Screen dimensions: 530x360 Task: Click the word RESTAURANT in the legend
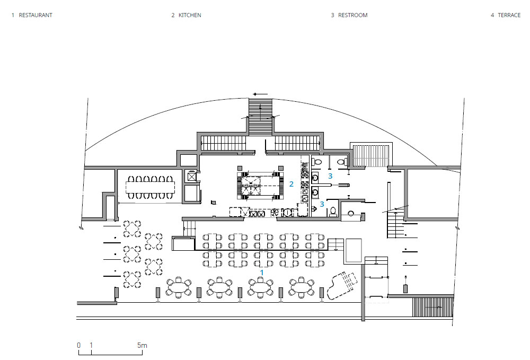(x=36, y=15)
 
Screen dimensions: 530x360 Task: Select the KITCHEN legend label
(x=190, y=15)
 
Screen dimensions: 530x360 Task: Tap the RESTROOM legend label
(x=352, y=15)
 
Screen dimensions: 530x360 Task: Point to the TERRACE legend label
(x=509, y=15)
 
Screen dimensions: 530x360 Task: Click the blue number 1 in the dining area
(x=262, y=273)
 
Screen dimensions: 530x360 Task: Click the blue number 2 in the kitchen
(x=291, y=184)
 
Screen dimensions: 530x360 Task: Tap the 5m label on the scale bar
(x=142, y=345)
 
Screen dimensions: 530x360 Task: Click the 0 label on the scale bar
(x=79, y=345)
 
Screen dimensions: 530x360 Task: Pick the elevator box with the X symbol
(x=192, y=177)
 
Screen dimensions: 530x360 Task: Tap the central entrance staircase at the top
(x=261, y=117)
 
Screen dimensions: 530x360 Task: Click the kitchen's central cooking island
(x=260, y=186)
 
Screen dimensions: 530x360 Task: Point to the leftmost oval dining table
(x=179, y=287)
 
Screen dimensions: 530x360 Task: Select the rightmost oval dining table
(x=302, y=287)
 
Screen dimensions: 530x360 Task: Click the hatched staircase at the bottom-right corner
(x=432, y=307)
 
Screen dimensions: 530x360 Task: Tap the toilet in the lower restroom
(x=333, y=212)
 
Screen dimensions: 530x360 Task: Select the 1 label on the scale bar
(x=91, y=345)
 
